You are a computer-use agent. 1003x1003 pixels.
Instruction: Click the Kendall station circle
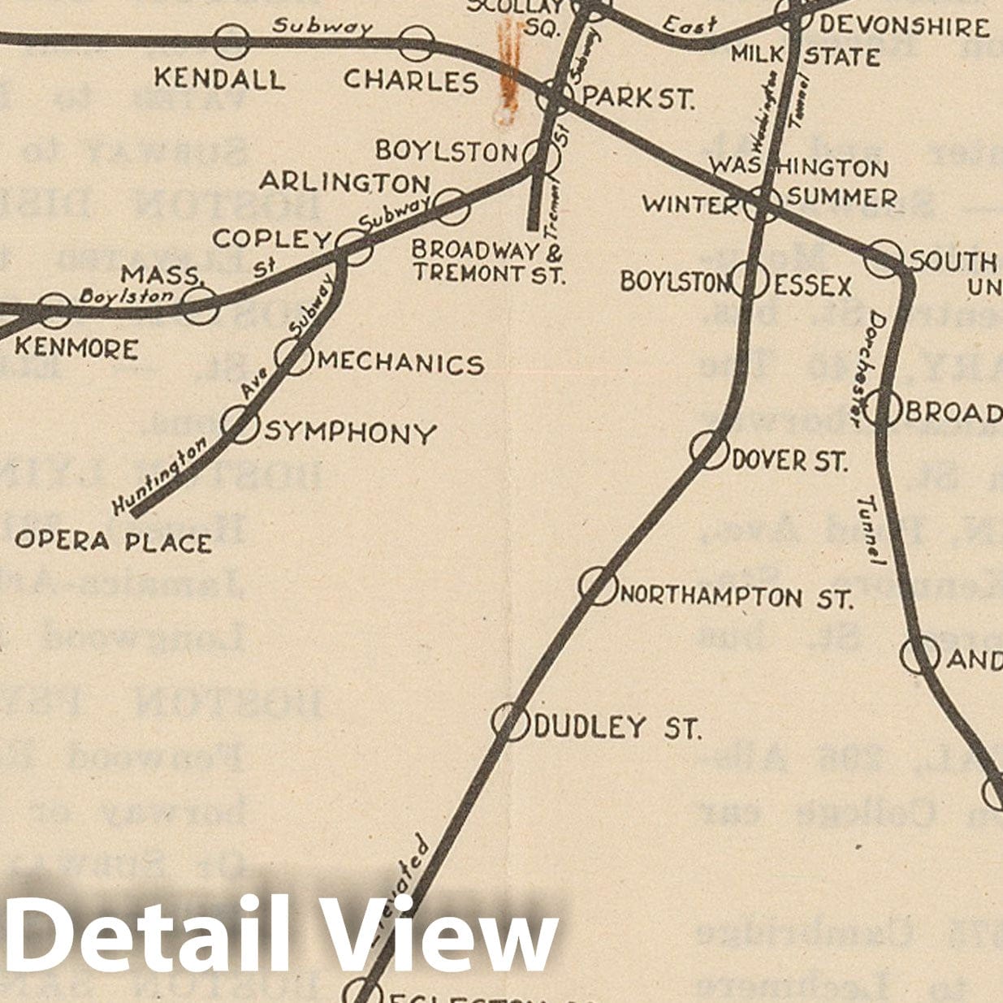click(x=231, y=41)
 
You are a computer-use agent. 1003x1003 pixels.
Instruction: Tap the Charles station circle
click(x=417, y=43)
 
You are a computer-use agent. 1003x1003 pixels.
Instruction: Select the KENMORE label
click(x=76, y=348)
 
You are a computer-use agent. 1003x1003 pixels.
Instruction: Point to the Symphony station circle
click(x=240, y=424)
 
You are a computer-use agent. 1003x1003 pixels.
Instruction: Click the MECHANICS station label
click(x=400, y=363)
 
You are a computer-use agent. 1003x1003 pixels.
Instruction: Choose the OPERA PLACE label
click(x=114, y=541)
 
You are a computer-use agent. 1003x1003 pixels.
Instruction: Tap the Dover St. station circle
click(x=708, y=449)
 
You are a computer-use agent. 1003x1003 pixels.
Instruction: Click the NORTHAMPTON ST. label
click(x=736, y=599)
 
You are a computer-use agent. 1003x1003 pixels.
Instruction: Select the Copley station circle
click(x=355, y=246)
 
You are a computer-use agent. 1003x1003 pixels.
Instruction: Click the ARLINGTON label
click(x=344, y=182)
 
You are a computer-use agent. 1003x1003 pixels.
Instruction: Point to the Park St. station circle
click(x=556, y=98)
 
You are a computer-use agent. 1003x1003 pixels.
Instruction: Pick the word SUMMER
click(x=842, y=198)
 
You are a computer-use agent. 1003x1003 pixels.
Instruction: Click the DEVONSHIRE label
click(x=903, y=27)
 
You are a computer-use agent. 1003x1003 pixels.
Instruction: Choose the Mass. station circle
click(x=200, y=305)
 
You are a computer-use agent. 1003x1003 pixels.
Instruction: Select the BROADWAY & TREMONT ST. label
click(x=488, y=262)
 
